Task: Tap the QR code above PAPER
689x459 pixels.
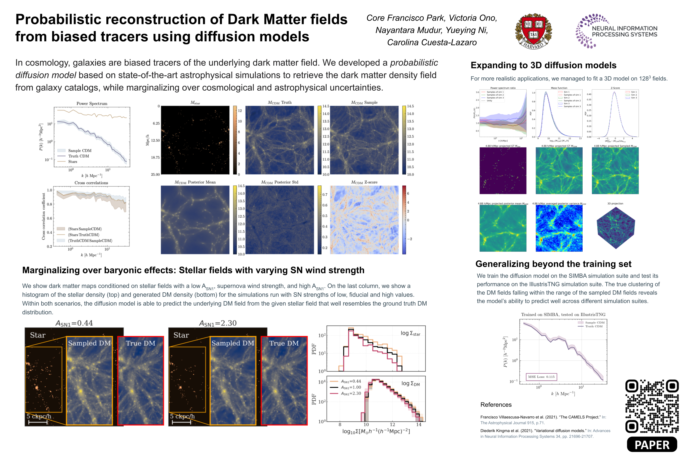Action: (652, 406)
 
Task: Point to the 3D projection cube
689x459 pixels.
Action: (615, 228)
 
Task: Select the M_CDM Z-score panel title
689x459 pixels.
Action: (364, 182)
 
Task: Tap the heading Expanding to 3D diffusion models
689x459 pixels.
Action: (543, 65)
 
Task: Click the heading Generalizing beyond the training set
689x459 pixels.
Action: (553, 264)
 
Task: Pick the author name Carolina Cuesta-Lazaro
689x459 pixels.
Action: (432, 42)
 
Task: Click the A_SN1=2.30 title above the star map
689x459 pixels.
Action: (217, 323)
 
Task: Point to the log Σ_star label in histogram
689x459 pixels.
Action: (410, 333)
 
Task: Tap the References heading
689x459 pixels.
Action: (496, 404)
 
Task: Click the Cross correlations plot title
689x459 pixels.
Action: (91, 183)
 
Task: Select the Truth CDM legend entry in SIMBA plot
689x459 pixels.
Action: (594, 326)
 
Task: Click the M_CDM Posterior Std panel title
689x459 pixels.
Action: (279, 182)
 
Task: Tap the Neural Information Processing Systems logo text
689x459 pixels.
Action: (624, 31)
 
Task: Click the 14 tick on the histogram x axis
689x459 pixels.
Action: (418, 425)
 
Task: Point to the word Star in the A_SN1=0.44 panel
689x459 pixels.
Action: (38, 335)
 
